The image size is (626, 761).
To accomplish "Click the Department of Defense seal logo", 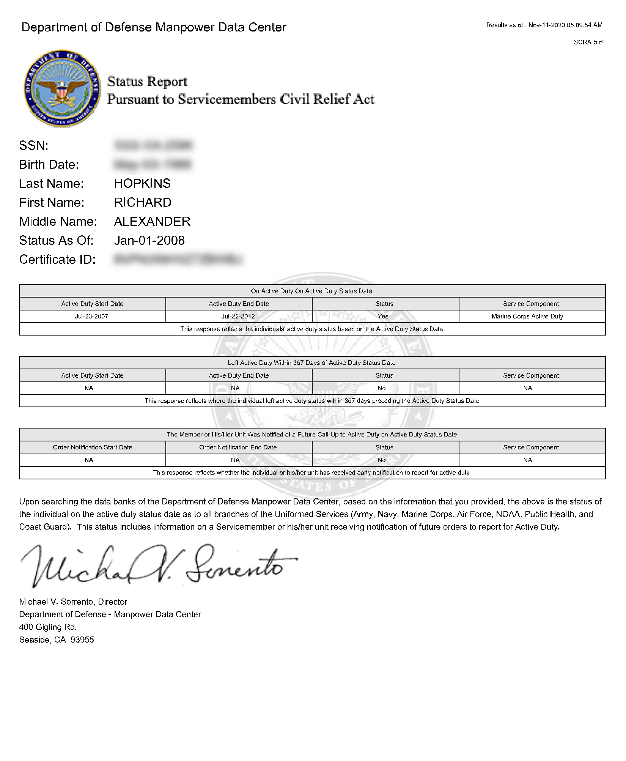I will coord(61,88).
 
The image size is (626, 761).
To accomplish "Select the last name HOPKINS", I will coord(142,184).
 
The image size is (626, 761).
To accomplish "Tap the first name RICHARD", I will coord(143,203).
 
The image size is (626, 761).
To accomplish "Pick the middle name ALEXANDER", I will coord(152,222).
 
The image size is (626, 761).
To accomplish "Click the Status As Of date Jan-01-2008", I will coord(149,241).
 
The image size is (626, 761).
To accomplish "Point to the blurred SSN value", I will coord(153,145).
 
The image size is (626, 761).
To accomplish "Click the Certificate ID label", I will coord(57,260).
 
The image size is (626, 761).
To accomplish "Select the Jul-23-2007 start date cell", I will coord(91,317).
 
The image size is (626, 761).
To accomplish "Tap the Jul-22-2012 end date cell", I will coord(238,317).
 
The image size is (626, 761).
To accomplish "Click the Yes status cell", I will coord(383,317).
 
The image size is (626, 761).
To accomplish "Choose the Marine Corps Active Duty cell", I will coord(527,317).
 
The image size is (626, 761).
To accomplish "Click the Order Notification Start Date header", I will coord(92,447).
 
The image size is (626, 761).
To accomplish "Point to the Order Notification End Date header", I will coord(238,447).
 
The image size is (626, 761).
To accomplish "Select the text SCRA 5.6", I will coord(588,42).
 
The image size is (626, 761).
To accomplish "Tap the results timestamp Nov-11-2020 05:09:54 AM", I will coord(565,25).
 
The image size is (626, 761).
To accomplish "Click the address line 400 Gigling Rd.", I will coord(48,627).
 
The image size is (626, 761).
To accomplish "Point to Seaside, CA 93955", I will coord(57,640).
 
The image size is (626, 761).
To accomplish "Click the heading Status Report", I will coord(147,82).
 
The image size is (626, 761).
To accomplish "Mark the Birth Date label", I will coord(49,165).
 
